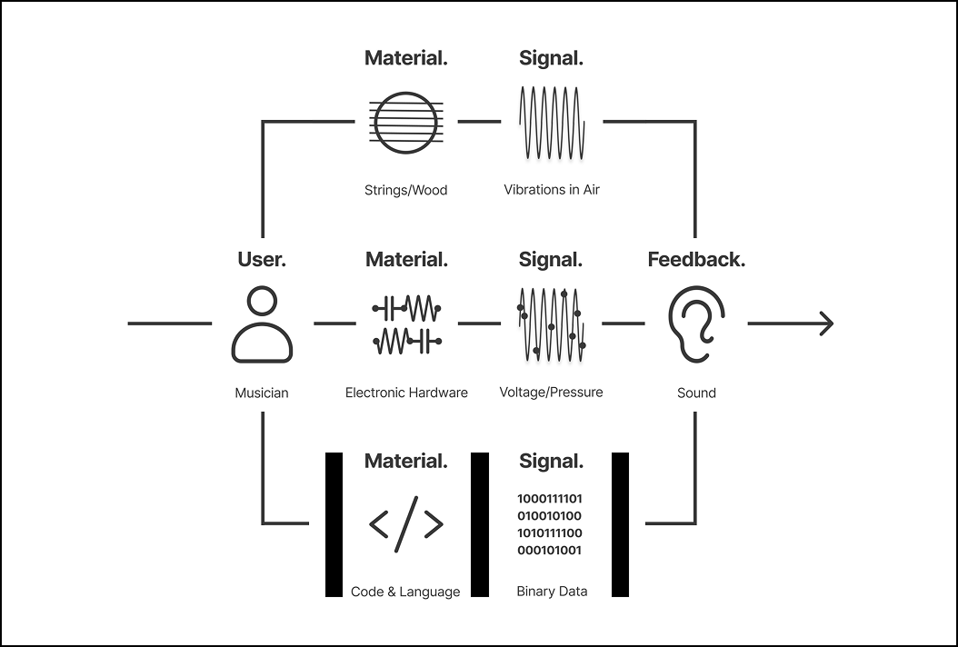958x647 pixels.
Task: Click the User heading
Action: coord(262,260)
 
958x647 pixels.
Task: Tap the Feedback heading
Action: coord(696,260)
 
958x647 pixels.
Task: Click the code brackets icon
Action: coord(406,524)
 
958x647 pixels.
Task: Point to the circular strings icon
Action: coord(405,122)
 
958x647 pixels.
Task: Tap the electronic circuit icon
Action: coord(406,324)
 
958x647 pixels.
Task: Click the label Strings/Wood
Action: coord(405,190)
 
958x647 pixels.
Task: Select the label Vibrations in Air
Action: coord(552,189)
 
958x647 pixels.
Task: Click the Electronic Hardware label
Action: coord(406,393)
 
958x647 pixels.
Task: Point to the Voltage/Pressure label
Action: coord(551,393)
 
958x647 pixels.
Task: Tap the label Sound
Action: coord(696,393)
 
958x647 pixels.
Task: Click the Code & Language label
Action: coord(405,592)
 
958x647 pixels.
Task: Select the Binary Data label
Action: coord(552,592)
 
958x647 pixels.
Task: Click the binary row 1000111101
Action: coord(550,499)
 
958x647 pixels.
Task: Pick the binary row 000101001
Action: coord(549,550)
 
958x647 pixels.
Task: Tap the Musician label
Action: coord(262,393)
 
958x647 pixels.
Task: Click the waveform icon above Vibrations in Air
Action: coord(552,123)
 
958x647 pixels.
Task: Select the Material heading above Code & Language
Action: coord(405,462)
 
